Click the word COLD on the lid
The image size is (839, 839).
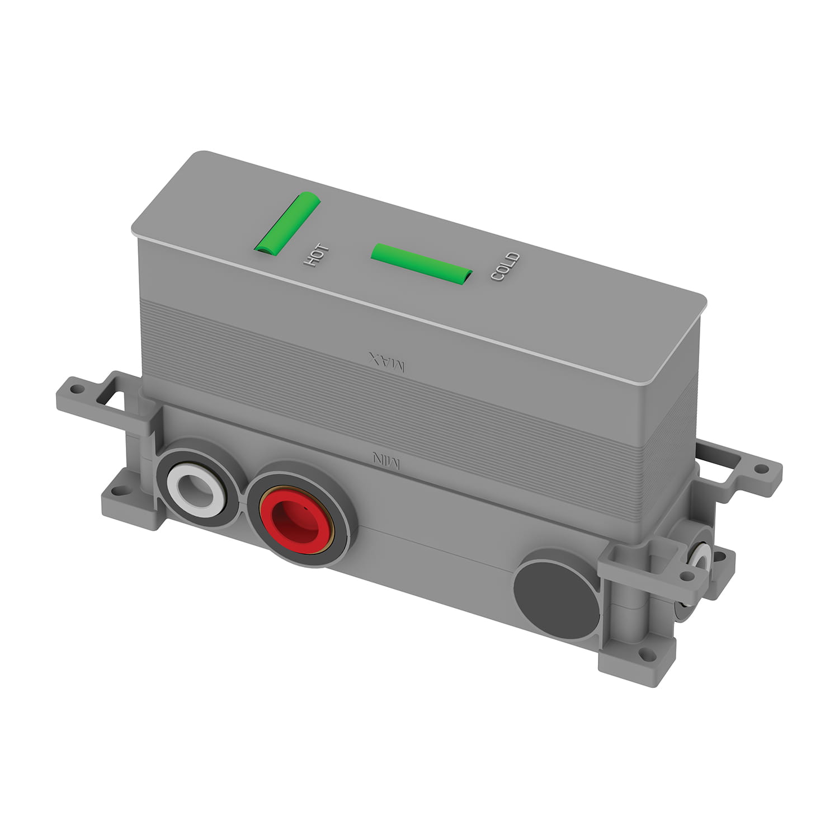pyautogui.click(x=505, y=267)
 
